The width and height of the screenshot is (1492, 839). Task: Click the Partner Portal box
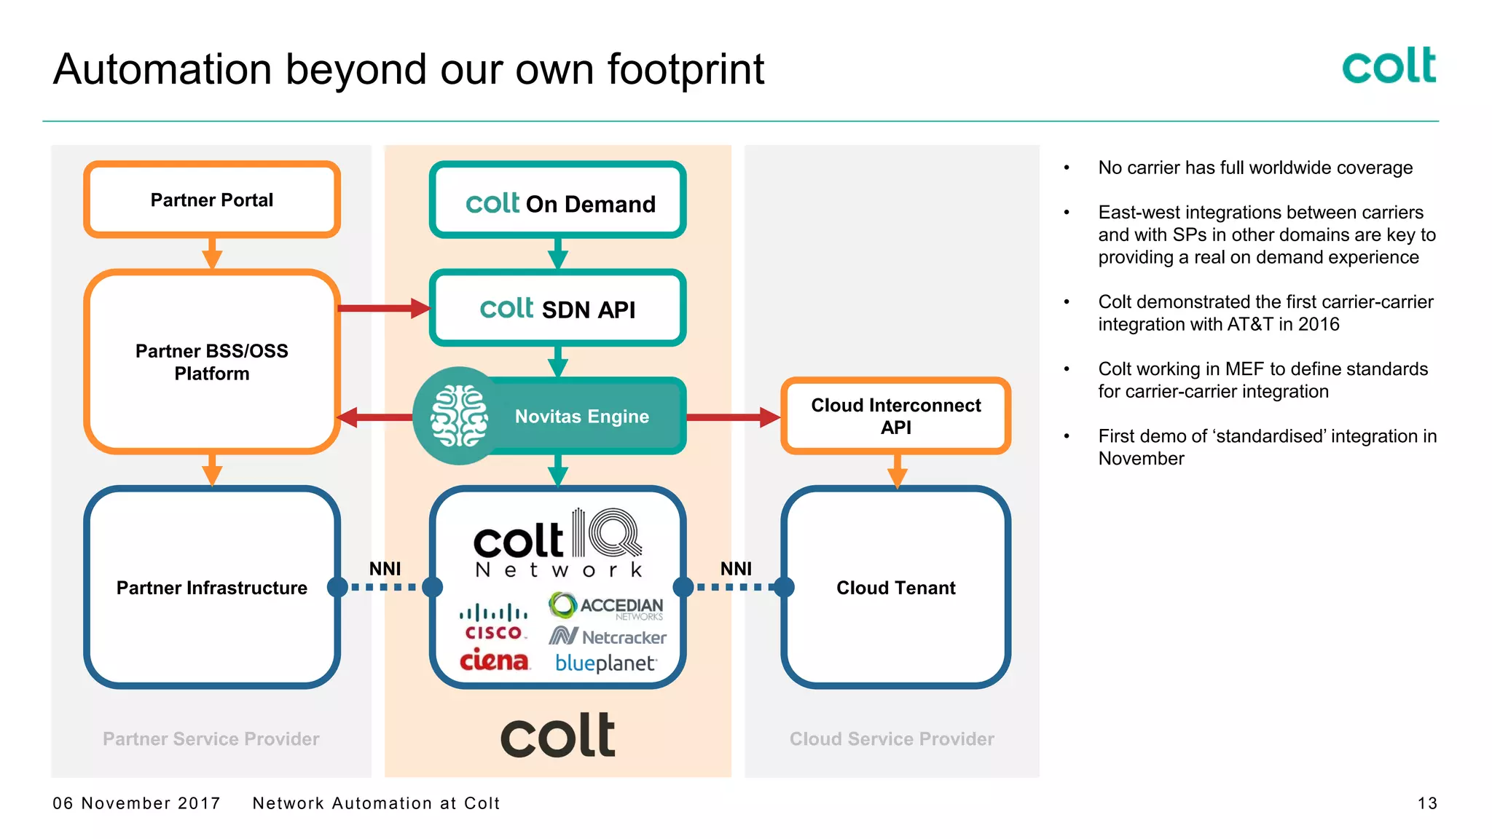coord(211,200)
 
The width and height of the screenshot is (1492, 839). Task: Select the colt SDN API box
coord(557,309)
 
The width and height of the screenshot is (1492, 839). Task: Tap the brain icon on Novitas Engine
coord(459,416)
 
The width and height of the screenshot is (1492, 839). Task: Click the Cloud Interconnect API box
coord(895,416)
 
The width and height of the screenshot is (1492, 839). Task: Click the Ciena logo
coord(494,661)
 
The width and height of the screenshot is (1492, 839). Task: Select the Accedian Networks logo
coord(606,605)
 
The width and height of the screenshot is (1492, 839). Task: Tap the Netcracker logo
coord(608,637)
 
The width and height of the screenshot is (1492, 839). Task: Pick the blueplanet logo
coord(605,663)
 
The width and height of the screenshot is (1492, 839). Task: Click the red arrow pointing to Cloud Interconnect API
coord(732,417)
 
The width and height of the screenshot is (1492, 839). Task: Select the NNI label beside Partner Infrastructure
coord(385,569)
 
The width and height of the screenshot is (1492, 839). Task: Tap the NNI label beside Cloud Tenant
coord(736,569)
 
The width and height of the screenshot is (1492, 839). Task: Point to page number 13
coord(1427,803)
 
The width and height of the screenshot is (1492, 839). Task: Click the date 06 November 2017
coord(136,803)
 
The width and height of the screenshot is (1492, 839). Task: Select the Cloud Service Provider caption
coord(892,739)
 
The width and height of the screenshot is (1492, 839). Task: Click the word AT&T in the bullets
coord(1249,324)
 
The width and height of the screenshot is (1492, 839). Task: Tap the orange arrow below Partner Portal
coord(212,253)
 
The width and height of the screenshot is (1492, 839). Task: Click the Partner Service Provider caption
coord(211,739)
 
